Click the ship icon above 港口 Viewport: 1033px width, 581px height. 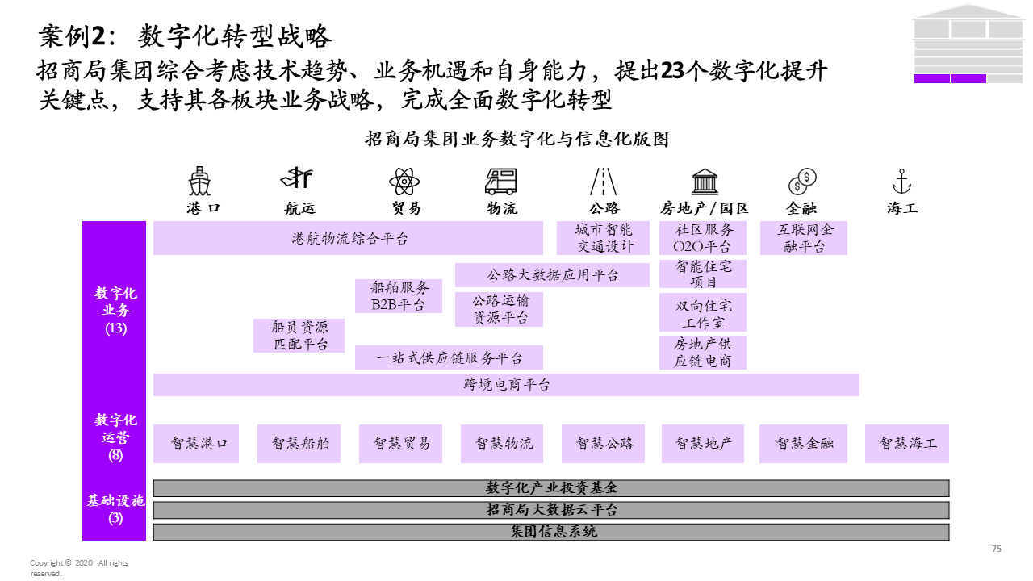pos(199,181)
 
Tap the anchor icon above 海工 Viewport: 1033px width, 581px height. pos(901,181)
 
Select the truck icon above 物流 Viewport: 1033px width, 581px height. pos(501,181)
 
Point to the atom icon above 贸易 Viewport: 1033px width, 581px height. pos(404,181)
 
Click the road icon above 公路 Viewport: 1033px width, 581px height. pos(604,181)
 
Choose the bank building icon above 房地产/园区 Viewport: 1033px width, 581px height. pos(705,181)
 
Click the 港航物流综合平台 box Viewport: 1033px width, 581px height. pos(348,238)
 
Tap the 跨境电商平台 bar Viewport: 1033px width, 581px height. pos(506,385)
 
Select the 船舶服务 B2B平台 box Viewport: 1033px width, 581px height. pos(399,296)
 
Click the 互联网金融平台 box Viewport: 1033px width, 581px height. pos(804,238)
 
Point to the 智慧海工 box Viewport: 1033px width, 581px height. pos(907,444)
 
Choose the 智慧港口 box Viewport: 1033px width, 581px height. pos(196,444)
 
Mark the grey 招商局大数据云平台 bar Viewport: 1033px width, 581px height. pos(551,510)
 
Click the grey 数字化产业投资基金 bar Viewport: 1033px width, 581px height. pos(551,488)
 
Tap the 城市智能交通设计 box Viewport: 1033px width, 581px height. pos(604,238)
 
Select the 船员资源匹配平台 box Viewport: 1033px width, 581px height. pos(298,336)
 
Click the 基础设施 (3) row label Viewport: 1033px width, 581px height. pos(115,509)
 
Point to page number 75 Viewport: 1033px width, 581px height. pos(996,549)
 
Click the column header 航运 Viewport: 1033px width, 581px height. pos(300,208)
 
